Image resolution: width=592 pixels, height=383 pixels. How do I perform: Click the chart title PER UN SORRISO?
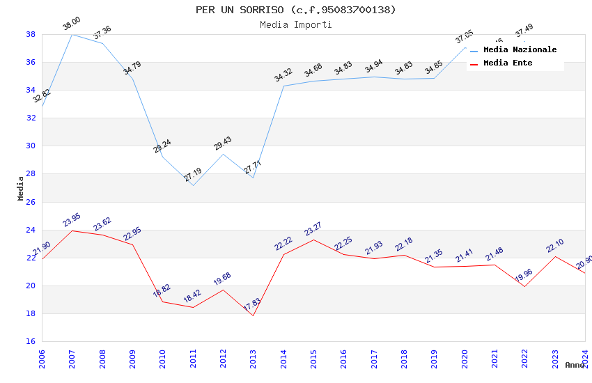[x=295, y=10]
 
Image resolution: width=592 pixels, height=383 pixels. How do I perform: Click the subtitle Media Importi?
[x=295, y=24]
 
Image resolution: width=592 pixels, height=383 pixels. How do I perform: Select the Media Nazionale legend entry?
[x=520, y=50]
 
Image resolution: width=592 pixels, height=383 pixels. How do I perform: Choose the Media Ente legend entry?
[x=508, y=63]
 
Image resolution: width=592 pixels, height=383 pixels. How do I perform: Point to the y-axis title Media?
[x=21, y=188]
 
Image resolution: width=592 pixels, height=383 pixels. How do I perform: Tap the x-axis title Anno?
[x=575, y=365]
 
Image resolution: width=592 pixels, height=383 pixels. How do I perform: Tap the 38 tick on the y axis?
[x=31, y=34]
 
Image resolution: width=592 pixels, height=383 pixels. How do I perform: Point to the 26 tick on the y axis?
[x=31, y=202]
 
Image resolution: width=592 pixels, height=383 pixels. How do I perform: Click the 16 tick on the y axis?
[x=31, y=341]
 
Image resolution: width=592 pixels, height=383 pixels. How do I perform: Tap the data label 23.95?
[x=71, y=219]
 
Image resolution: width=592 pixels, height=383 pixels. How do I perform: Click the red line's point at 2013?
[x=253, y=315]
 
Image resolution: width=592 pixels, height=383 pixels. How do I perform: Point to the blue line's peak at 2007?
[x=72, y=34]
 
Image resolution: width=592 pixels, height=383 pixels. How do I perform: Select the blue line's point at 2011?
[x=193, y=185]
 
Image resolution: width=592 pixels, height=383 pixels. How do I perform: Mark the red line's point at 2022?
[x=524, y=286]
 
